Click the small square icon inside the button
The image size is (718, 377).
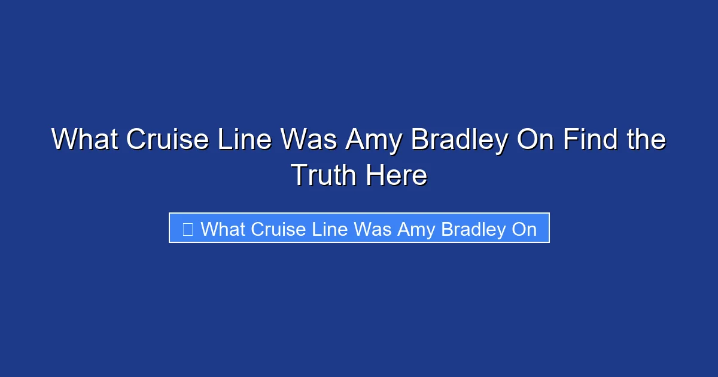coord(187,229)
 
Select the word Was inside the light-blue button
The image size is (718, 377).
coord(376,229)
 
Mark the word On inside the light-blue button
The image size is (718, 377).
coord(524,229)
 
